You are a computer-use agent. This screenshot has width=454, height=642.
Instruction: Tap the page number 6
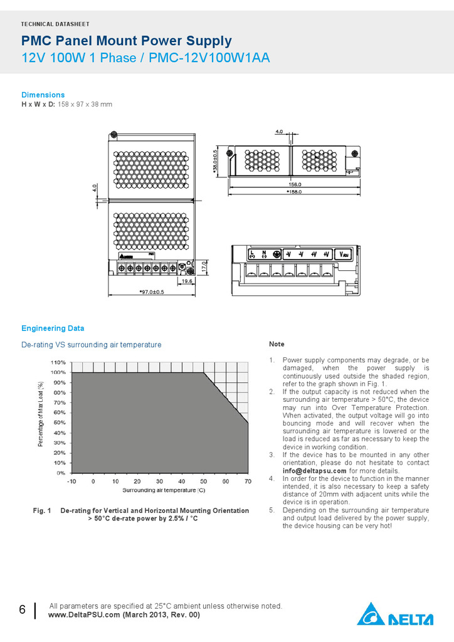(x=22, y=611)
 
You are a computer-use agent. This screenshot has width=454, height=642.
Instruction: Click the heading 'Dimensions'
(x=43, y=95)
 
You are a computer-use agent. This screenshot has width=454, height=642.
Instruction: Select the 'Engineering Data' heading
(x=53, y=328)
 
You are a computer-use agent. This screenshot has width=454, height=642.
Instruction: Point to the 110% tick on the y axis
(x=58, y=362)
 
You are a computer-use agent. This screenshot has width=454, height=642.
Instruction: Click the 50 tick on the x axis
(x=204, y=481)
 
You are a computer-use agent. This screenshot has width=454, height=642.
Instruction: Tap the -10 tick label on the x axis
(x=71, y=481)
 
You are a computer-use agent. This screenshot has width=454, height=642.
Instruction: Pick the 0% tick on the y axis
(x=61, y=473)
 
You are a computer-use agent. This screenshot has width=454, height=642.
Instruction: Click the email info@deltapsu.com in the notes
(x=314, y=471)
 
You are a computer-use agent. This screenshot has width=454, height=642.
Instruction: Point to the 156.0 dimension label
(x=295, y=184)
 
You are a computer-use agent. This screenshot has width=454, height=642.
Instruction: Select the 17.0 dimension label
(x=204, y=266)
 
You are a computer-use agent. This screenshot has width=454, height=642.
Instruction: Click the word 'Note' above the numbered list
(x=277, y=344)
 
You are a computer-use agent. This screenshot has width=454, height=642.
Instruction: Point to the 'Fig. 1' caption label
(x=42, y=511)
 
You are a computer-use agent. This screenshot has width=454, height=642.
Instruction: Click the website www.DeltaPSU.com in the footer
(x=84, y=615)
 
